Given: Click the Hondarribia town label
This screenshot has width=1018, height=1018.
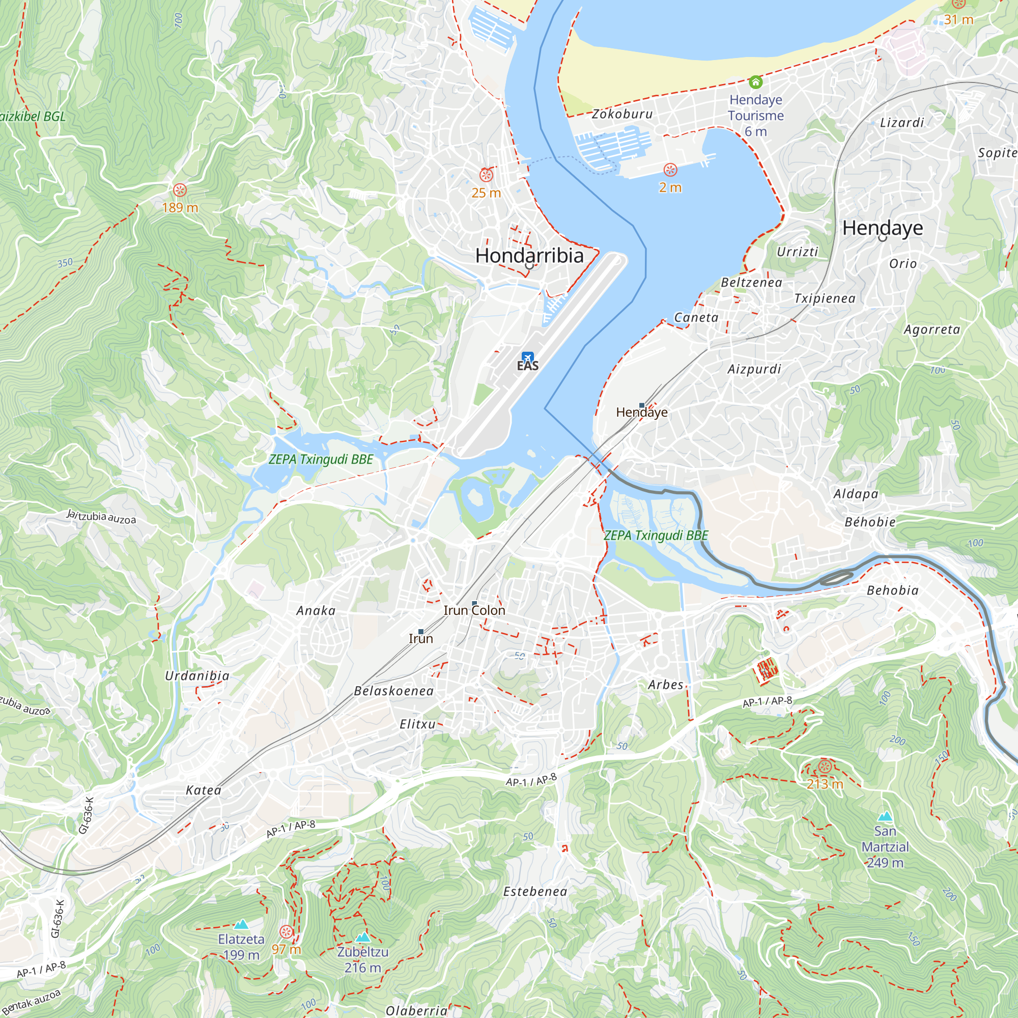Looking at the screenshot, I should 529,256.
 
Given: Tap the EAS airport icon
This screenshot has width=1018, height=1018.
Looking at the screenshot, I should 527,357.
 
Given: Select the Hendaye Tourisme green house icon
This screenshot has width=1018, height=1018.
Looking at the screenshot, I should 755,82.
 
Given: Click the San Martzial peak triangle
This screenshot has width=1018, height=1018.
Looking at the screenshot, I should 885,817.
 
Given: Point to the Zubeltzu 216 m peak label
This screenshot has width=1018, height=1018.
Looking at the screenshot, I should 362,959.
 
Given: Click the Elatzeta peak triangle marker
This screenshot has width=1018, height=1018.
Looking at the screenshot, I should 241,924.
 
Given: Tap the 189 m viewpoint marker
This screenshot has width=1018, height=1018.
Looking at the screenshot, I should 180,190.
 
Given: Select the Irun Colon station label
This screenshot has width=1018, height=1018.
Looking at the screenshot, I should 474,610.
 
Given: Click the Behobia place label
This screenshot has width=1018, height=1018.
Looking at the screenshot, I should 893,590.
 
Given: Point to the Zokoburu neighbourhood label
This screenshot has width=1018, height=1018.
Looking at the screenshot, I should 623,114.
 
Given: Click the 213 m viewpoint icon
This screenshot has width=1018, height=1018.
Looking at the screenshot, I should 825,767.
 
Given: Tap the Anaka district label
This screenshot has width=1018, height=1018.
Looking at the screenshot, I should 316,611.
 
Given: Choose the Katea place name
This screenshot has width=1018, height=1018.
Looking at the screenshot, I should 204,790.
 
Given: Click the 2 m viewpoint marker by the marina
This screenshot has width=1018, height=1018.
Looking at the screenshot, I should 670,170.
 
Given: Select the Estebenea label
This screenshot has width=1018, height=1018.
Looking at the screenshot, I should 535,892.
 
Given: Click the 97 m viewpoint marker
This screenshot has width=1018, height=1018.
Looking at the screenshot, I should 286,932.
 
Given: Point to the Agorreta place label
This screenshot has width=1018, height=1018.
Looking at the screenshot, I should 931,330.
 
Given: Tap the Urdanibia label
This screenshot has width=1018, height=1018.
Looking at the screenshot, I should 197,675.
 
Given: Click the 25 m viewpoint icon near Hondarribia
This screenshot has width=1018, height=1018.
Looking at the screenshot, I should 486,175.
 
